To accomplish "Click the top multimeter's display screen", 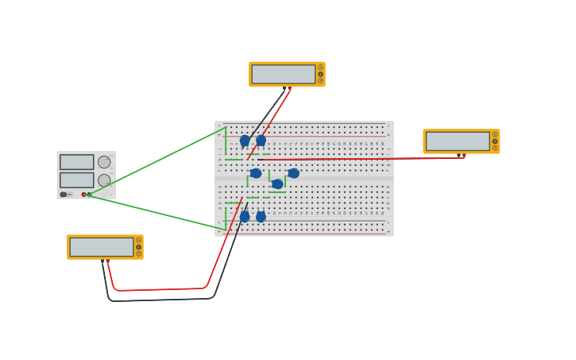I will coord(283,74).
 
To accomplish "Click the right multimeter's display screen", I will coord(458,141).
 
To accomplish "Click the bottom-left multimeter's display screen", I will coord(101,247).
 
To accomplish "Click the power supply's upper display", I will coord(77,162).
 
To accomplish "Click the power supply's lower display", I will coord(77,180).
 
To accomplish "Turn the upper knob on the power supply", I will coord(104,162).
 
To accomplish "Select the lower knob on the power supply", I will coord(104,180).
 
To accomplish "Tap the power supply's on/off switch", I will coord(64,194).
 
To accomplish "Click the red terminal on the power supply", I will coord(83,194).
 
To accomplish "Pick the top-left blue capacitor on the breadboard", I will coord(245,141).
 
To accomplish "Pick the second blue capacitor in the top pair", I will coord(261,141).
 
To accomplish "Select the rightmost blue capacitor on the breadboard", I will coord(293,173).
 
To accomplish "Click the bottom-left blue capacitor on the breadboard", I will coord(245,216).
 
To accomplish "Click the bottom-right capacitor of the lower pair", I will coord(261,216).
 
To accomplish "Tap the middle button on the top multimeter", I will coord(320,74).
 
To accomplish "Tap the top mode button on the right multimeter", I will coord(494,134).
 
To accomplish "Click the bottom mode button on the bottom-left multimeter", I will coord(138,254).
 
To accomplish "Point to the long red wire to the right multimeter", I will coord(358,159).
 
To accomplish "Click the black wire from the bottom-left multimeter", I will coord(159,300).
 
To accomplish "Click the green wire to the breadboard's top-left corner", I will coord(159,160).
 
